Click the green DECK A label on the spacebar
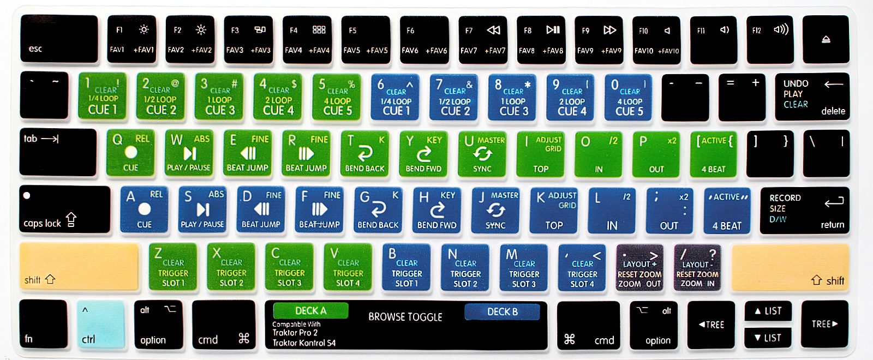pyautogui.click(x=310, y=310)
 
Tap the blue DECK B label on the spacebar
pyautogui.click(x=502, y=311)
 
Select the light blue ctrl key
pyautogui.click(x=100, y=324)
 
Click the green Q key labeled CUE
pyautogui.click(x=130, y=153)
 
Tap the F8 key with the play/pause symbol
pyautogui.click(x=541, y=40)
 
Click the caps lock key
pyautogui.click(x=65, y=209)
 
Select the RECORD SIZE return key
pyautogui.click(x=804, y=211)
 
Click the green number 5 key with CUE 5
pyautogui.click(x=337, y=97)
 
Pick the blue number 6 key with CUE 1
pyautogui.click(x=395, y=97)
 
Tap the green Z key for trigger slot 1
pyautogui.click(x=172, y=267)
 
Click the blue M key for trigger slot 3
pyautogui.click(x=523, y=268)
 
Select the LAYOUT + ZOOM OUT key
pyautogui.click(x=639, y=268)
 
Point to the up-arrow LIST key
pyautogui.click(x=768, y=311)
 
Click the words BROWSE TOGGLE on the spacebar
pyautogui.click(x=405, y=317)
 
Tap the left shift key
pyautogui.click(x=79, y=267)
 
